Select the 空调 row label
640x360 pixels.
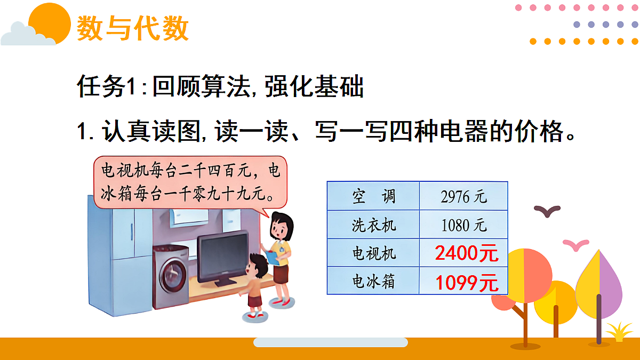pos(373,196)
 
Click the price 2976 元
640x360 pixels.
pos(463,196)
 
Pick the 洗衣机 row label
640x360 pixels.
pos(373,225)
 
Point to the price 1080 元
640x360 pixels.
pos(463,225)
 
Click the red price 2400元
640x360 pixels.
pos(466,253)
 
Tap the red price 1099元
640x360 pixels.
pos(466,282)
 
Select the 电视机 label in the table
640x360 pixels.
pos(373,253)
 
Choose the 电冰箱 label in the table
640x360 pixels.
pos(373,281)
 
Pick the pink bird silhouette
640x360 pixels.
pos(575,244)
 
